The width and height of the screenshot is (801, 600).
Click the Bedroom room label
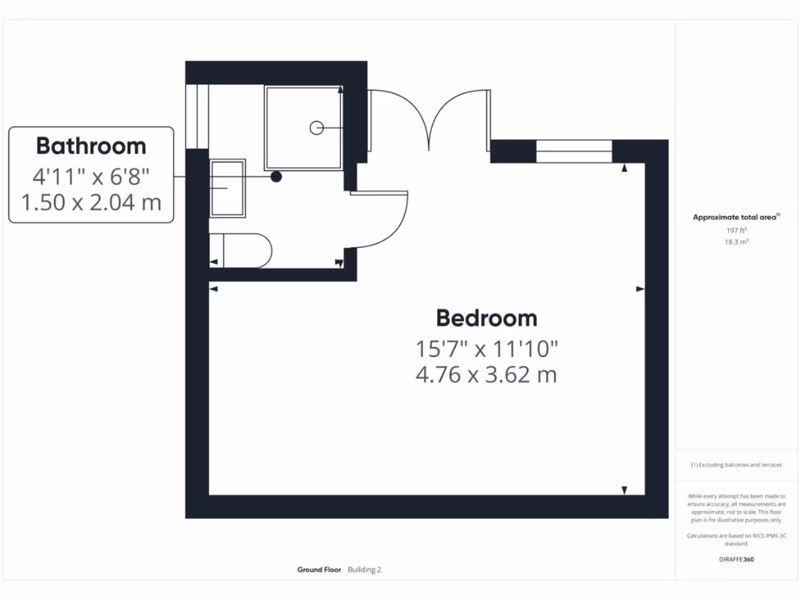pyautogui.click(x=487, y=318)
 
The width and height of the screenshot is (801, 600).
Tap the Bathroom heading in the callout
pyautogui.click(x=91, y=146)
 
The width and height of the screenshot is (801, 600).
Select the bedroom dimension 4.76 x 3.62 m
pyautogui.click(x=487, y=374)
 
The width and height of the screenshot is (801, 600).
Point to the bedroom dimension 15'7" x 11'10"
pyautogui.click(x=487, y=347)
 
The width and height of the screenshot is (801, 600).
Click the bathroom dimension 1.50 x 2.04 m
pyautogui.click(x=91, y=202)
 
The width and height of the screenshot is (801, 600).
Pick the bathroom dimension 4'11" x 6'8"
pyautogui.click(x=91, y=175)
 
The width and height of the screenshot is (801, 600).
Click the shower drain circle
pyautogui.click(x=317, y=127)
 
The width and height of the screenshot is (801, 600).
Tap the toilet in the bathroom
pyautogui.click(x=242, y=251)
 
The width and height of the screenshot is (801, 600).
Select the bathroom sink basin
pyautogui.click(x=228, y=188)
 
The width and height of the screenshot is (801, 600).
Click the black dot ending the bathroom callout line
pyautogui.click(x=276, y=177)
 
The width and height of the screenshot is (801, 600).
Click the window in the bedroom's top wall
pyautogui.click(x=574, y=151)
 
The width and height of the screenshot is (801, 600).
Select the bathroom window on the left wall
pyautogui.click(x=197, y=116)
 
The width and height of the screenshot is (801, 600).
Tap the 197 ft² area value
pyautogui.click(x=735, y=230)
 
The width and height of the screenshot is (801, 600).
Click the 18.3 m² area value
pyautogui.click(x=735, y=242)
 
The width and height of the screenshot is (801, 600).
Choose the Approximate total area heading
pyautogui.click(x=735, y=218)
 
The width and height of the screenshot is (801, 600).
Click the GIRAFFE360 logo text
pyautogui.click(x=736, y=559)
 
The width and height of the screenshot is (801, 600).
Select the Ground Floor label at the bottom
pyautogui.click(x=319, y=570)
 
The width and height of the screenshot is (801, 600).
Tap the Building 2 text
pyautogui.click(x=365, y=570)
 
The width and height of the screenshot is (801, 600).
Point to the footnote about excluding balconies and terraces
pyautogui.click(x=736, y=465)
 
